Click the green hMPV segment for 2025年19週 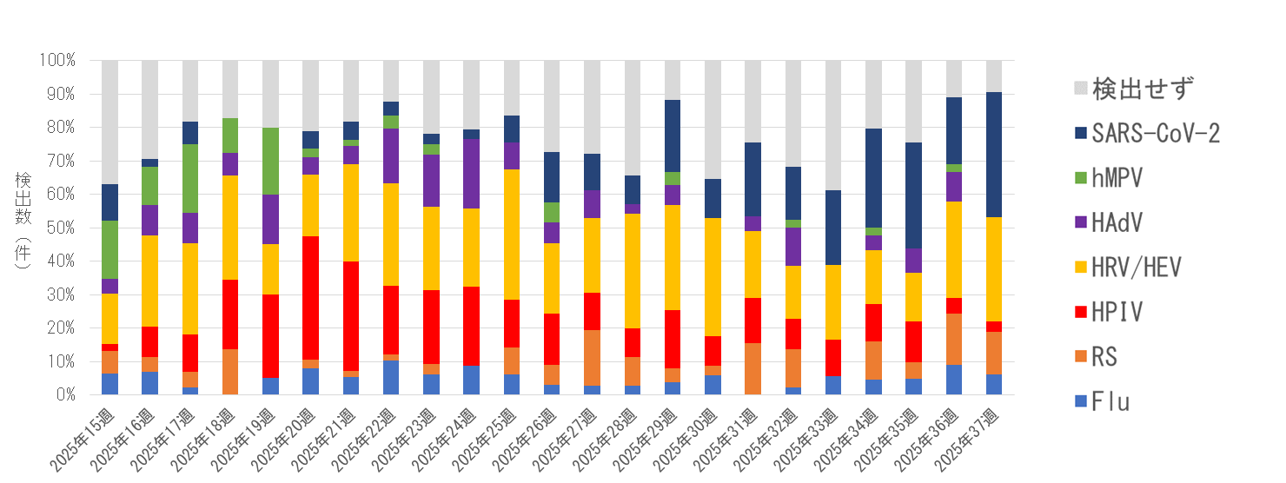pyautogui.click(x=270, y=161)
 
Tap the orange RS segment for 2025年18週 pyautogui.click(x=230, y=372)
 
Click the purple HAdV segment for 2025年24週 pyautogui.click(x=470, y=174)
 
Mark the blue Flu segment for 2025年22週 pyautogui.click(x=390, y=377)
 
